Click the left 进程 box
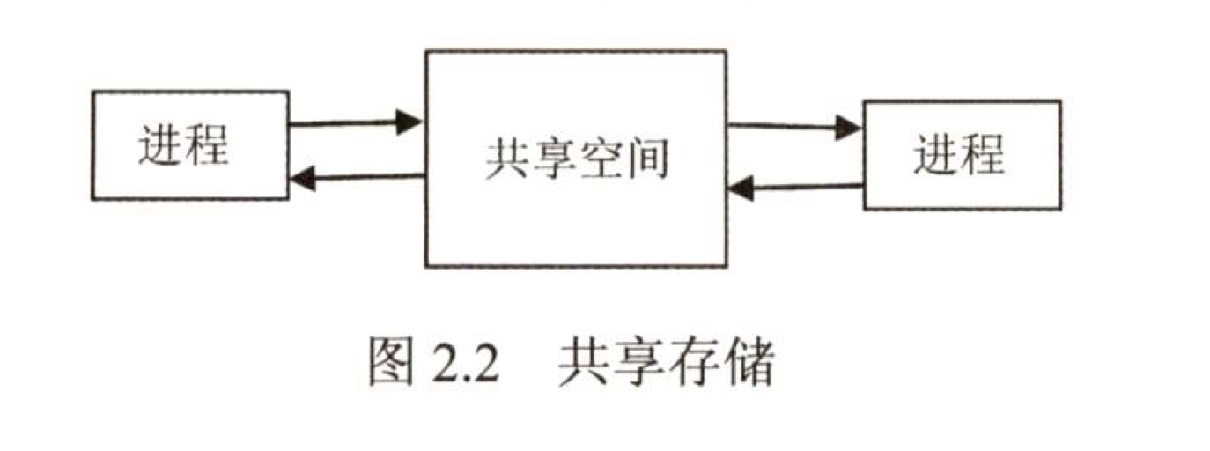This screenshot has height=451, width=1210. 189,145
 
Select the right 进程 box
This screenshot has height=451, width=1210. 962,155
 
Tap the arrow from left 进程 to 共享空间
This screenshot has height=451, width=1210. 356,123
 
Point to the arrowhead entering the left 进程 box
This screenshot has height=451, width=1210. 302,180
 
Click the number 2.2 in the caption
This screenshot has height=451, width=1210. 466,363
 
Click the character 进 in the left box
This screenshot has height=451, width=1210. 160,145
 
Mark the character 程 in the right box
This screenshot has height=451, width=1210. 984,155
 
